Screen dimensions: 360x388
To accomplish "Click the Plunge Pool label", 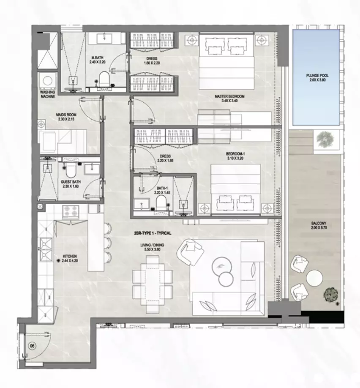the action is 317,76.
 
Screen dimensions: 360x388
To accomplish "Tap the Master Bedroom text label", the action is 229,96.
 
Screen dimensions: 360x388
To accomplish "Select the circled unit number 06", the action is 33,346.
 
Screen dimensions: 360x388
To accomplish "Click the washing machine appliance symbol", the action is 47,81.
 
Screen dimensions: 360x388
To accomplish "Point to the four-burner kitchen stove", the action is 71,212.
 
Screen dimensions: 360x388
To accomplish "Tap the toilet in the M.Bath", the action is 104,79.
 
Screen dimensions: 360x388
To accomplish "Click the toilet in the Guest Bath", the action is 71,171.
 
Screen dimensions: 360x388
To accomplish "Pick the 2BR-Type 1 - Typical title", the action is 153,233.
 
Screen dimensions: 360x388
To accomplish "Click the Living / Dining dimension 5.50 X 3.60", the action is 152,249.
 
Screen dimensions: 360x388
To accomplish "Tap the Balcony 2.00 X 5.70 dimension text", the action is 319,227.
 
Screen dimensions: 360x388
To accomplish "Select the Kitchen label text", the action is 70,257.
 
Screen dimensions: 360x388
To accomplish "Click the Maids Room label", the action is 66,115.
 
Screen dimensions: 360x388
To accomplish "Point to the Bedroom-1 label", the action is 235,154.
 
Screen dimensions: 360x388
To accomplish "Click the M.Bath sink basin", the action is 104,38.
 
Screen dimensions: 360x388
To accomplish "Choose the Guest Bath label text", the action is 71,182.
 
